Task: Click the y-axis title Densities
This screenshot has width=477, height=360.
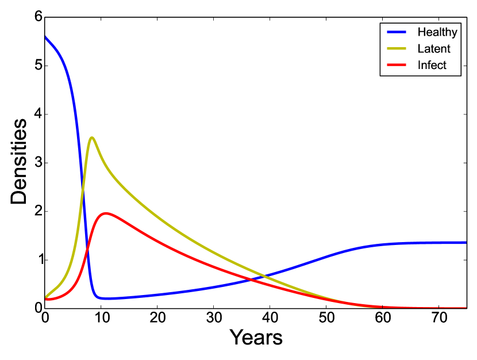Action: click(x=19, y=162)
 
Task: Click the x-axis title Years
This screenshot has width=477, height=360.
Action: click(x=256, y=338)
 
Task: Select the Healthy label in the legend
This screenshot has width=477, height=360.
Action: click(x=437, y=32)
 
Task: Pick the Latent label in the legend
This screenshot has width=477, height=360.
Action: click(x=434, y=49)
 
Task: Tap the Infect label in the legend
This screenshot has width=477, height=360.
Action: click(x=432, y=65)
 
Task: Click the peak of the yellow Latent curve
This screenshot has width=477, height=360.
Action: click(x=91, y=137)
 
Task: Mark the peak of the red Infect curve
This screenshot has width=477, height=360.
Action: click(x=105, y=213)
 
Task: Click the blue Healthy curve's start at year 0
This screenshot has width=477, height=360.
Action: click(x=45, y=37)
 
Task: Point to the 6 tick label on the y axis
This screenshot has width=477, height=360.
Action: click(x=38, y=17)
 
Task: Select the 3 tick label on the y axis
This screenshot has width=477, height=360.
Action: click(x=38, y=163)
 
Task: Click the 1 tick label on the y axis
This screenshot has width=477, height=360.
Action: click(x=38, y=260)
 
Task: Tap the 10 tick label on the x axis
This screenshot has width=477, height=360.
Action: click(x=101, y=318)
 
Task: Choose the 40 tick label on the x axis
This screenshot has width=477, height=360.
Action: click(x=270, y=318)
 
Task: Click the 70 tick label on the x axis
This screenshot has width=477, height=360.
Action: click(x=438, y=318)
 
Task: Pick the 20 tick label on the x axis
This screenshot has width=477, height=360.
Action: click(x=157, y=318)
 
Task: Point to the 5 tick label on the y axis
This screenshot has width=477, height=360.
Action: click(x=38, y=66)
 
